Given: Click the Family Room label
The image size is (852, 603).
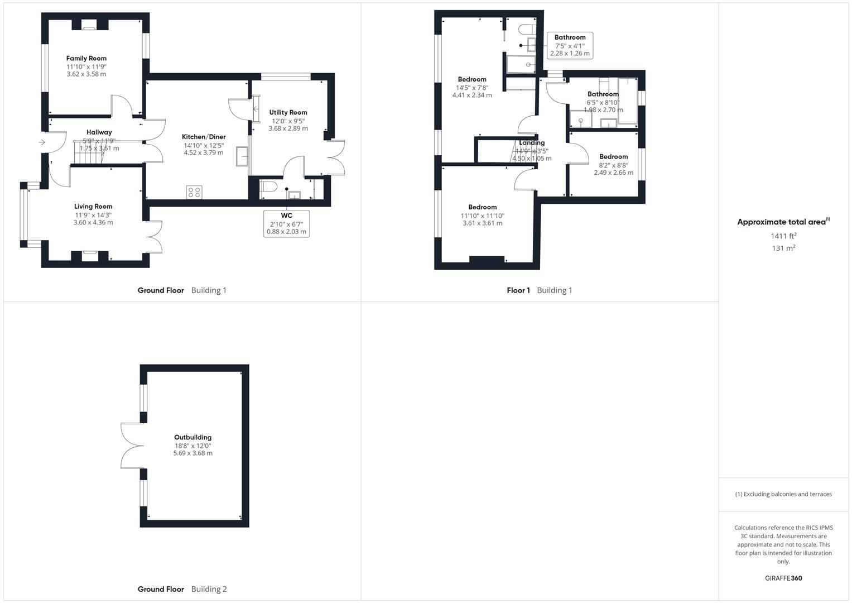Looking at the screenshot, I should coord(86,58).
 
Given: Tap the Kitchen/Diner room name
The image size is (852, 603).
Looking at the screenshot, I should coord(204,137).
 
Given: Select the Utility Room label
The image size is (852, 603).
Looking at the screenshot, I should coord(288,112).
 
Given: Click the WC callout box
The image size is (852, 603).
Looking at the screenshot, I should coord(286,223).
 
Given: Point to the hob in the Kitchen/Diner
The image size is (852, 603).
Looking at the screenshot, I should coord(194,192).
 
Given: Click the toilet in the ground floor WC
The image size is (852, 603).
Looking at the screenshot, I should coord(268,186).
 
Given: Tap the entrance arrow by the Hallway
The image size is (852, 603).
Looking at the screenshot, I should coord(42,142).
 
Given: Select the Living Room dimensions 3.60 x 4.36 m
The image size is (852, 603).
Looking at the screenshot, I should coord(93,222).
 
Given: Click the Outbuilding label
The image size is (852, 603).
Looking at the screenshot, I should coord(192,437).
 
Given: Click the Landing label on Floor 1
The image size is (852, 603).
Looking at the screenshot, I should coord(531,142).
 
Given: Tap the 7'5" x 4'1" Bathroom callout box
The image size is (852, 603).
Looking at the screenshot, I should coord(570,45).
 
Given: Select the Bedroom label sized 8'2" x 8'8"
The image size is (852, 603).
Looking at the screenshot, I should coord(613,156).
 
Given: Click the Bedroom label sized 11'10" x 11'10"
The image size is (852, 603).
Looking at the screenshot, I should coord(482,207).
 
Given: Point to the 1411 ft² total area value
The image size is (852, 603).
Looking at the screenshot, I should coord(783,236).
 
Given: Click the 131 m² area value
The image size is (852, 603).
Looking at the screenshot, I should coord(783,248).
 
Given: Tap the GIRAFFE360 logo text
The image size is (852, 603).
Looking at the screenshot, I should coord(783,578).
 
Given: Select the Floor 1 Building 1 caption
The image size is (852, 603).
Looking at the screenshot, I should coord(539,290).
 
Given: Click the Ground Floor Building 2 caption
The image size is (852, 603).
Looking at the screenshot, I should coord(182,589).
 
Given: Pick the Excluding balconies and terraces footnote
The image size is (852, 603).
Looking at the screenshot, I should coord(783,494).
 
